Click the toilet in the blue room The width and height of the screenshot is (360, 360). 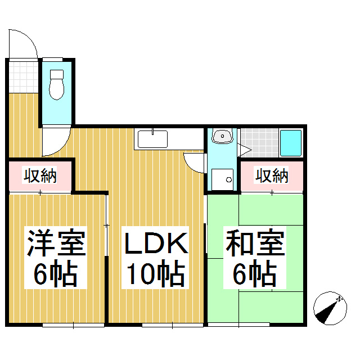[57, 85]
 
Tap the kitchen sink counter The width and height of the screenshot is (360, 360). [169, 139]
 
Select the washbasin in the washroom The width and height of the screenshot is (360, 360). [222, 136]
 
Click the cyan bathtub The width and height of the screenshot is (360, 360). [291, 143]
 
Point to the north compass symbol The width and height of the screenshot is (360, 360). [330, 308]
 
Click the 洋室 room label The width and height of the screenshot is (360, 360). [56, 242]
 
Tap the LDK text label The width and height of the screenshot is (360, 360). [156, 244]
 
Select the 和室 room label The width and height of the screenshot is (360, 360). [255, 242]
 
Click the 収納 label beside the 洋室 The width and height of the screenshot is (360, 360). [40, 176]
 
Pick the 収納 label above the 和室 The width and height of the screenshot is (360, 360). [272, 176]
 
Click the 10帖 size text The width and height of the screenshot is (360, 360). [156, 273]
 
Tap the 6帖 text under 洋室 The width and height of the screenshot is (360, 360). [56, 273]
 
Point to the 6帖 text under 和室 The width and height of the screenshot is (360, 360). [255, 273]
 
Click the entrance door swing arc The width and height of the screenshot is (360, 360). [23, 44]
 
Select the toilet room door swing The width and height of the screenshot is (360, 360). [56, 142]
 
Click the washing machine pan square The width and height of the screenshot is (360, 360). [222, 179]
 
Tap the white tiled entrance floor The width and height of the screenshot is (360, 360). [24, 77]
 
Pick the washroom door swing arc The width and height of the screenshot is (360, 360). [194, 163]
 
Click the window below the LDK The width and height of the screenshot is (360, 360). [173, 325]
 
